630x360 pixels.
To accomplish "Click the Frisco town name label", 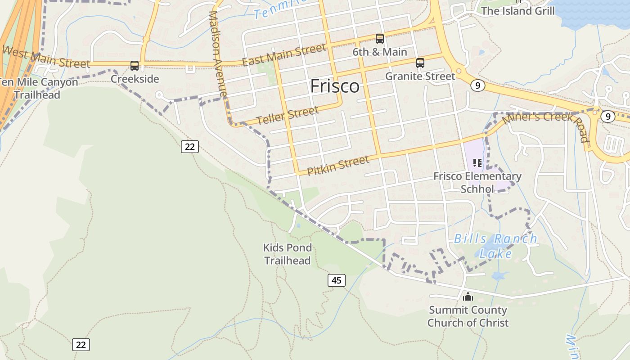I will (x=335, y=86).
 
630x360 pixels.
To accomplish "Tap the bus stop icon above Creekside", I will (x=135, y=66).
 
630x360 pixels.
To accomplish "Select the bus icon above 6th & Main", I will (x=380, y=39).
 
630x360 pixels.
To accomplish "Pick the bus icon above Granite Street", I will (x=420, y=63).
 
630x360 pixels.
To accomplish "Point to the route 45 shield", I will (x=336, y=280).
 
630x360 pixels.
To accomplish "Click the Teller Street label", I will (x=288, y=116).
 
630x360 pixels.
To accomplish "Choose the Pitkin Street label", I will (x=338, y=165).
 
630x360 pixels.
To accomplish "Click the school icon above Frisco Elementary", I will (x=477, y=163).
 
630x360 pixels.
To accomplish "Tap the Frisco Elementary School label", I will (x=477, y=182).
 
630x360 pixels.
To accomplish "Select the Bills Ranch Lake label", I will (x=495, y=246).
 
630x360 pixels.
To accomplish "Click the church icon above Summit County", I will (x=468, y=297).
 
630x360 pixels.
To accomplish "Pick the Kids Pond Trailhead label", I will (x=288, y=254).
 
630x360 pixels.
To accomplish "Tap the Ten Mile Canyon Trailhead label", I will (x=38, y=89).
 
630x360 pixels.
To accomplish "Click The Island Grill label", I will (x=518, y=11).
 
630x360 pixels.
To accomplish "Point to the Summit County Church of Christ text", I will (x=468, y=316).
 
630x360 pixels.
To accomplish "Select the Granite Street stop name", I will (x=420, y=76).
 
